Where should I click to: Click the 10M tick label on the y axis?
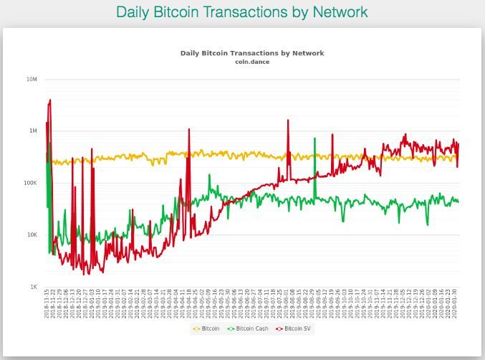pos(32,80)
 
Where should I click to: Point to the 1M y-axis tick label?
pos(33,131)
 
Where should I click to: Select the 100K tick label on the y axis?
pos(31,183)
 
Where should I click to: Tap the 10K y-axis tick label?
pos(32,235)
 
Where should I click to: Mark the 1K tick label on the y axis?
pos(34,287)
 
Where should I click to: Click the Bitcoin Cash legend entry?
pos(248,329)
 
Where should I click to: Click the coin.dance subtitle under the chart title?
pos(251,62)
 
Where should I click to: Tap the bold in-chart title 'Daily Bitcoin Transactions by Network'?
pos(251,53)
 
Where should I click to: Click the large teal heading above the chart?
pos(242,12)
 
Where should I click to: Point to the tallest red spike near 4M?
pos(49,100)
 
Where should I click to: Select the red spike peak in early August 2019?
pos(288,120)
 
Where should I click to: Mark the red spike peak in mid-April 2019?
pos(189,130)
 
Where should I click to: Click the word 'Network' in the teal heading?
pos(340,12)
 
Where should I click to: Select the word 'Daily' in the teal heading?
pos(134,12)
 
